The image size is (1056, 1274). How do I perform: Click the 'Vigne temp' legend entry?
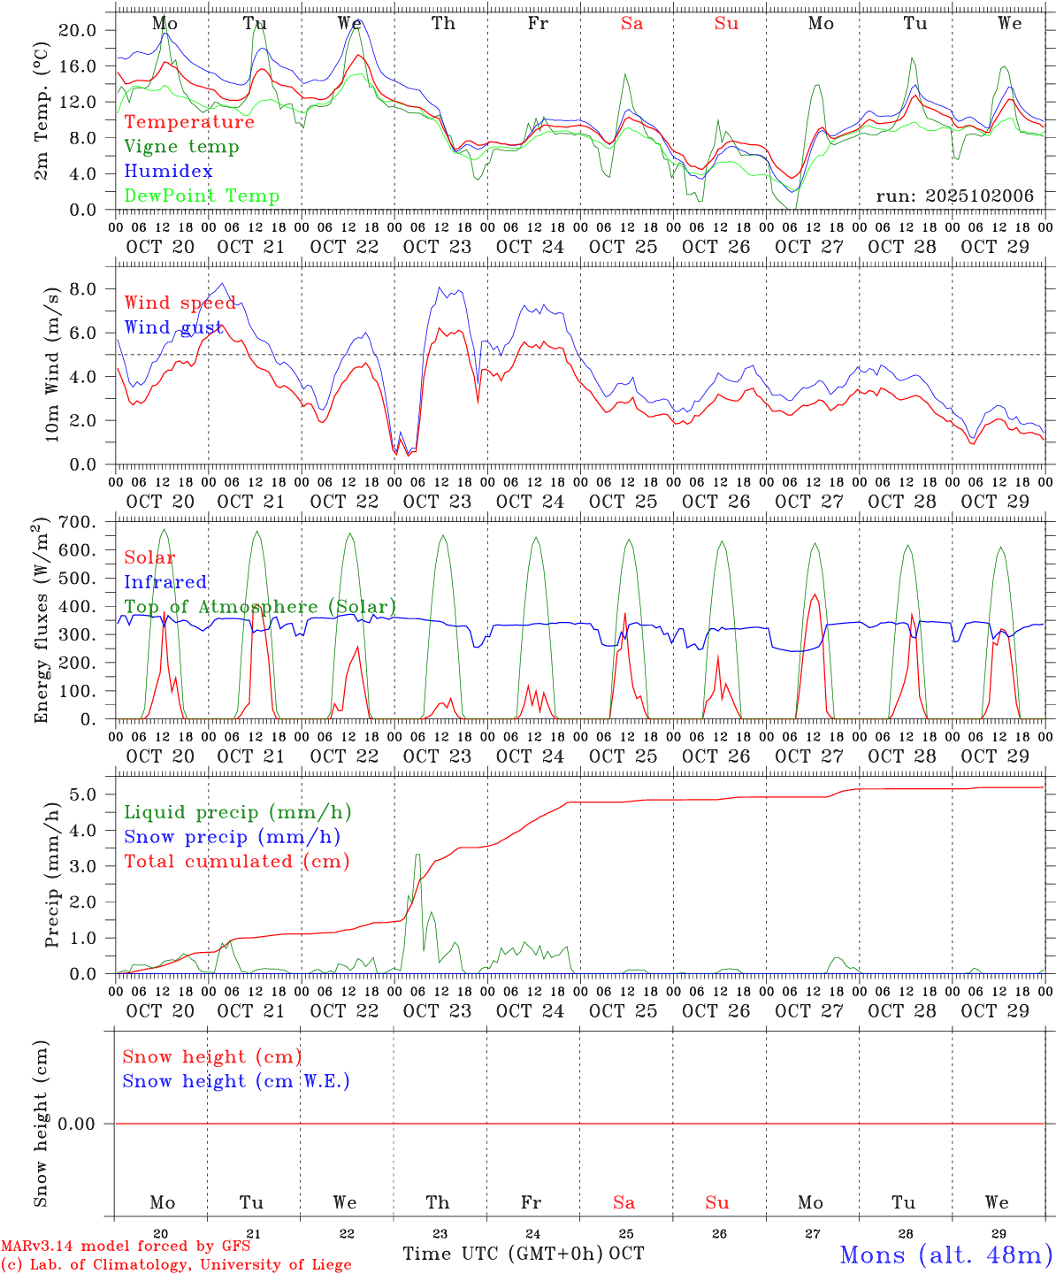(181, 147)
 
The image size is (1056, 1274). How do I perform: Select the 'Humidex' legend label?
(168, 172)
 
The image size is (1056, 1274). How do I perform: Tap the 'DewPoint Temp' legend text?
(202, 196)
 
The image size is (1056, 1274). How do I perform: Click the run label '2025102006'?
(954, 196)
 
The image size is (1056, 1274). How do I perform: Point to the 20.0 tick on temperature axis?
(78, 30)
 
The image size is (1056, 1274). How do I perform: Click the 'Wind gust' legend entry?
(173, 327)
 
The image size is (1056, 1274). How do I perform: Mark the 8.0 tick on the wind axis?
(81, 288)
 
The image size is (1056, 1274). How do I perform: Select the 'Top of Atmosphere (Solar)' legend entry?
(259, 607)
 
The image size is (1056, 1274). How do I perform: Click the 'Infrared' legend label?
(165, 582)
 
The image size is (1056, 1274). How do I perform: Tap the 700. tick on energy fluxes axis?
(75, 522)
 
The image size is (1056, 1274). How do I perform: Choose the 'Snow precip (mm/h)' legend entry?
(232, 837)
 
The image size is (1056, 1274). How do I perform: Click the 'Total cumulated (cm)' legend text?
(236, 862)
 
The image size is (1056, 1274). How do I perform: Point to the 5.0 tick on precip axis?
(81, 794)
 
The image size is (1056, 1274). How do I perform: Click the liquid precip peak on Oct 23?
(417, 855)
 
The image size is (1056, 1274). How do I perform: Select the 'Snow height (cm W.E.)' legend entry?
(236, 1081)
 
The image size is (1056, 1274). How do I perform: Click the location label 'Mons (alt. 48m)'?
(945, 1255)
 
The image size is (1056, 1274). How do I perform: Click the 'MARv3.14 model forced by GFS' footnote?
(126, 1246)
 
